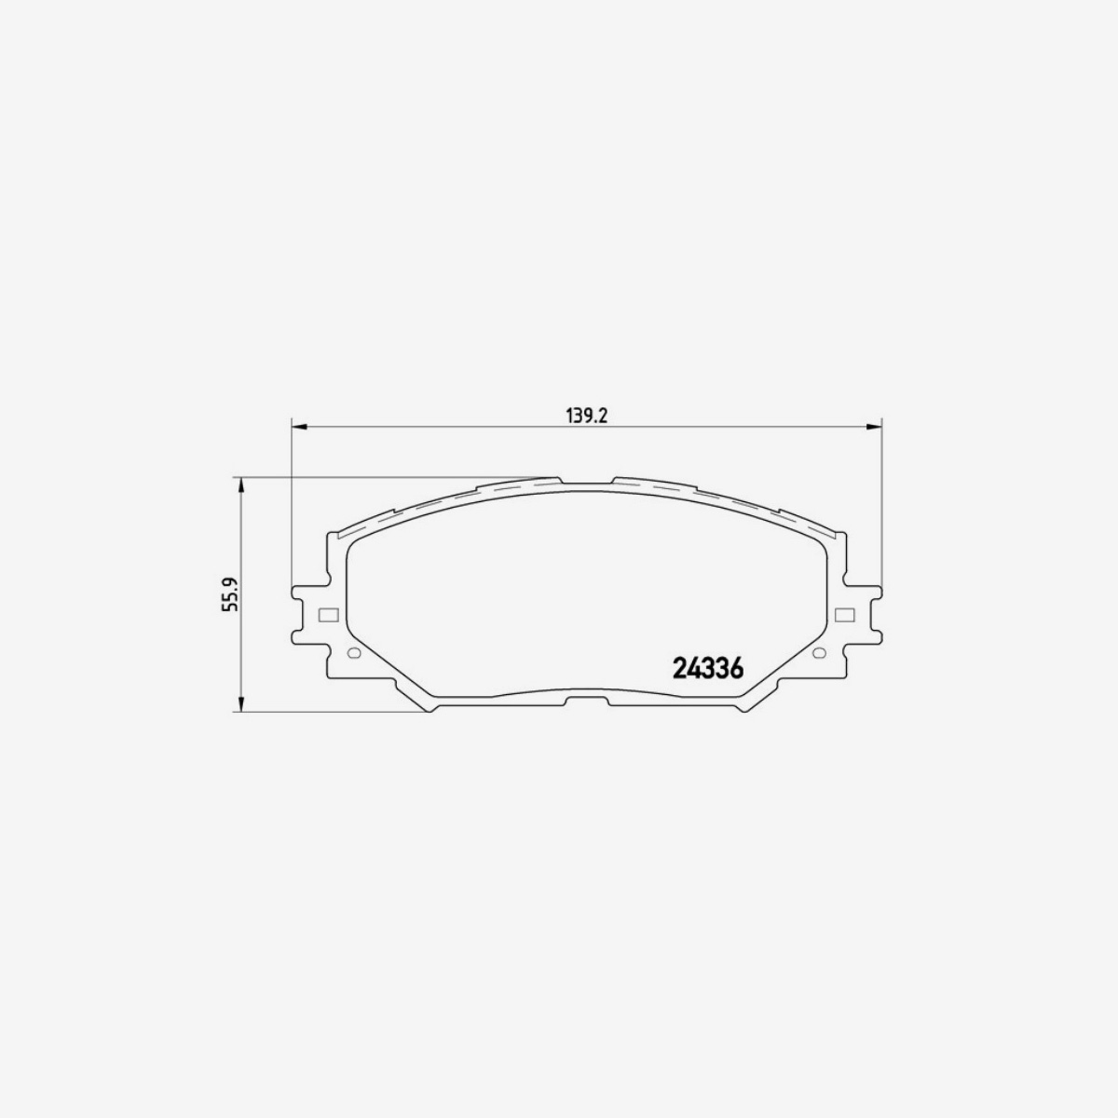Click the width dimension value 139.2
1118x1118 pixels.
point(587,416)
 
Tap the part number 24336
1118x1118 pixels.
point(706,670)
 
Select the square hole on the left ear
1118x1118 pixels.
point(327,615)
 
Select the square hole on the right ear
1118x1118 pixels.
point(845,615)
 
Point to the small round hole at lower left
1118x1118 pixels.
point(352,652)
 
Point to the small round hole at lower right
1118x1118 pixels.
point(820,652)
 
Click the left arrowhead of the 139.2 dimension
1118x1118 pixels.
point(299,428)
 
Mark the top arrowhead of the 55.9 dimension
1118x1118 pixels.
point(241,484)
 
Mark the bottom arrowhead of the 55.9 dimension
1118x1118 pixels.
point(241,706)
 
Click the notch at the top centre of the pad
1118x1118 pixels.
point(587,483)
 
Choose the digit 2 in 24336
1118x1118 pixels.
point(678,670)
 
